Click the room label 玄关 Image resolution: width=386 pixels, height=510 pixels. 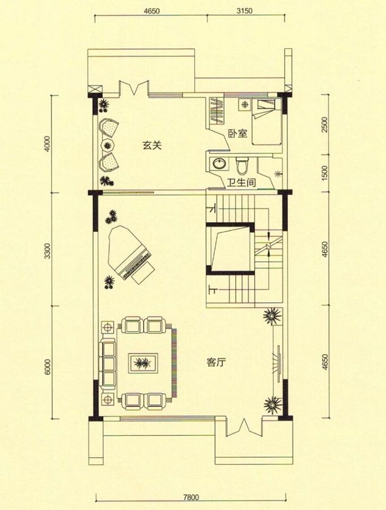click(152, 146)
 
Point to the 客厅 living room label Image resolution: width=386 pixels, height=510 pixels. click(216, 362)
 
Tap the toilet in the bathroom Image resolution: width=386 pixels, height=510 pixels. click(243, 165)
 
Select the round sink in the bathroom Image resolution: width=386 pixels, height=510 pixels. click(218, 163)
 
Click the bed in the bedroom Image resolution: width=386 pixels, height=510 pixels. click(267, 122)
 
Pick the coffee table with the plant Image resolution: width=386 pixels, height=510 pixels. click(143, 363)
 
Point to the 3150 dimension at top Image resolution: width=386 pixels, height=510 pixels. click(245, 11)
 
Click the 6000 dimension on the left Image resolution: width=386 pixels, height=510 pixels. click(48, 367)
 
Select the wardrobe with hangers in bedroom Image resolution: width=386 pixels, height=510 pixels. click(215, 110)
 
